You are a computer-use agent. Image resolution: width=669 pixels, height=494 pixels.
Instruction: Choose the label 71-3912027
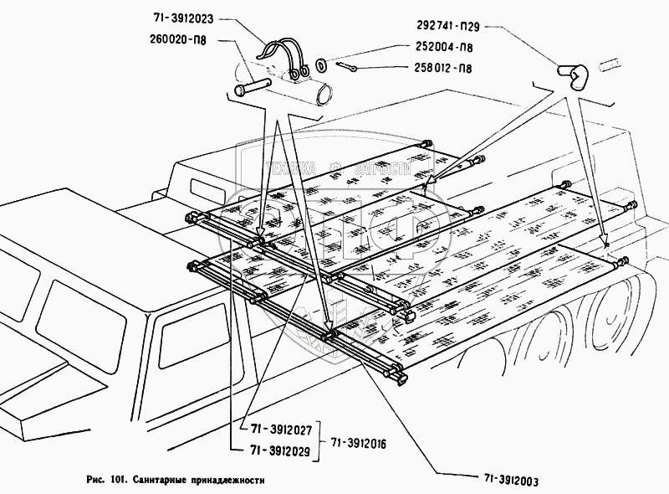[x=278, y=430]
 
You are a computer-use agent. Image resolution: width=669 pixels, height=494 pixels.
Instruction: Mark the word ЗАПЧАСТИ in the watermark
[x=384, y=167]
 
